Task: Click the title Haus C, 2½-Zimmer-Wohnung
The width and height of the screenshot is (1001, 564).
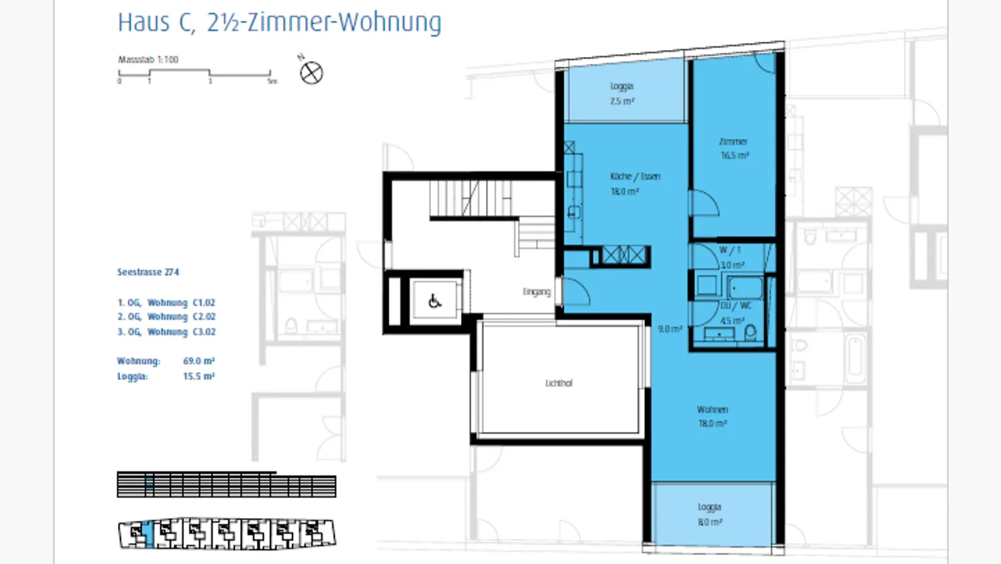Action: click(x=279, y=22)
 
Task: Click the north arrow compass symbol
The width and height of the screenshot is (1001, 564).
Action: click(x=311, y=72)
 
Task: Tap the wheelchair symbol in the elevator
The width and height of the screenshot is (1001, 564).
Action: click(x=435, y=301)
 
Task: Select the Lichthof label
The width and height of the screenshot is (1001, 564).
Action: click(x=559, y=383)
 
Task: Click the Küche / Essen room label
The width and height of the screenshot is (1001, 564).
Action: click(x=626, y=177)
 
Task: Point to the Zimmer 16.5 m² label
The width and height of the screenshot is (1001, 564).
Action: click(x=734, y=149)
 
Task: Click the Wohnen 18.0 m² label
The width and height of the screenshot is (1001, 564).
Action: click(x=713, y=416)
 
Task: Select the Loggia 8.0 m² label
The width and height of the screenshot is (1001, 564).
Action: click(x=710, y=515)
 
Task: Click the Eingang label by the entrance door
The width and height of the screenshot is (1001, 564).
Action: click(x=537, y=292)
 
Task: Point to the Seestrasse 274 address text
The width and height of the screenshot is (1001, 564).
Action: click(x=148, y=273)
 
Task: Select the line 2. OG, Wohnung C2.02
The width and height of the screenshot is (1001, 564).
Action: click(x=167, y=317)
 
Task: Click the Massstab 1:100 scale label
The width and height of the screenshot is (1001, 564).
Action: click(x=147, y=60)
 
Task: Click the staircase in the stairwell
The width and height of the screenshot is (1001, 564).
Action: click(x=470, y=199)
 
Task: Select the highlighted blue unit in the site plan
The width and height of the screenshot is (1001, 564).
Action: click(x=148, y=533)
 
